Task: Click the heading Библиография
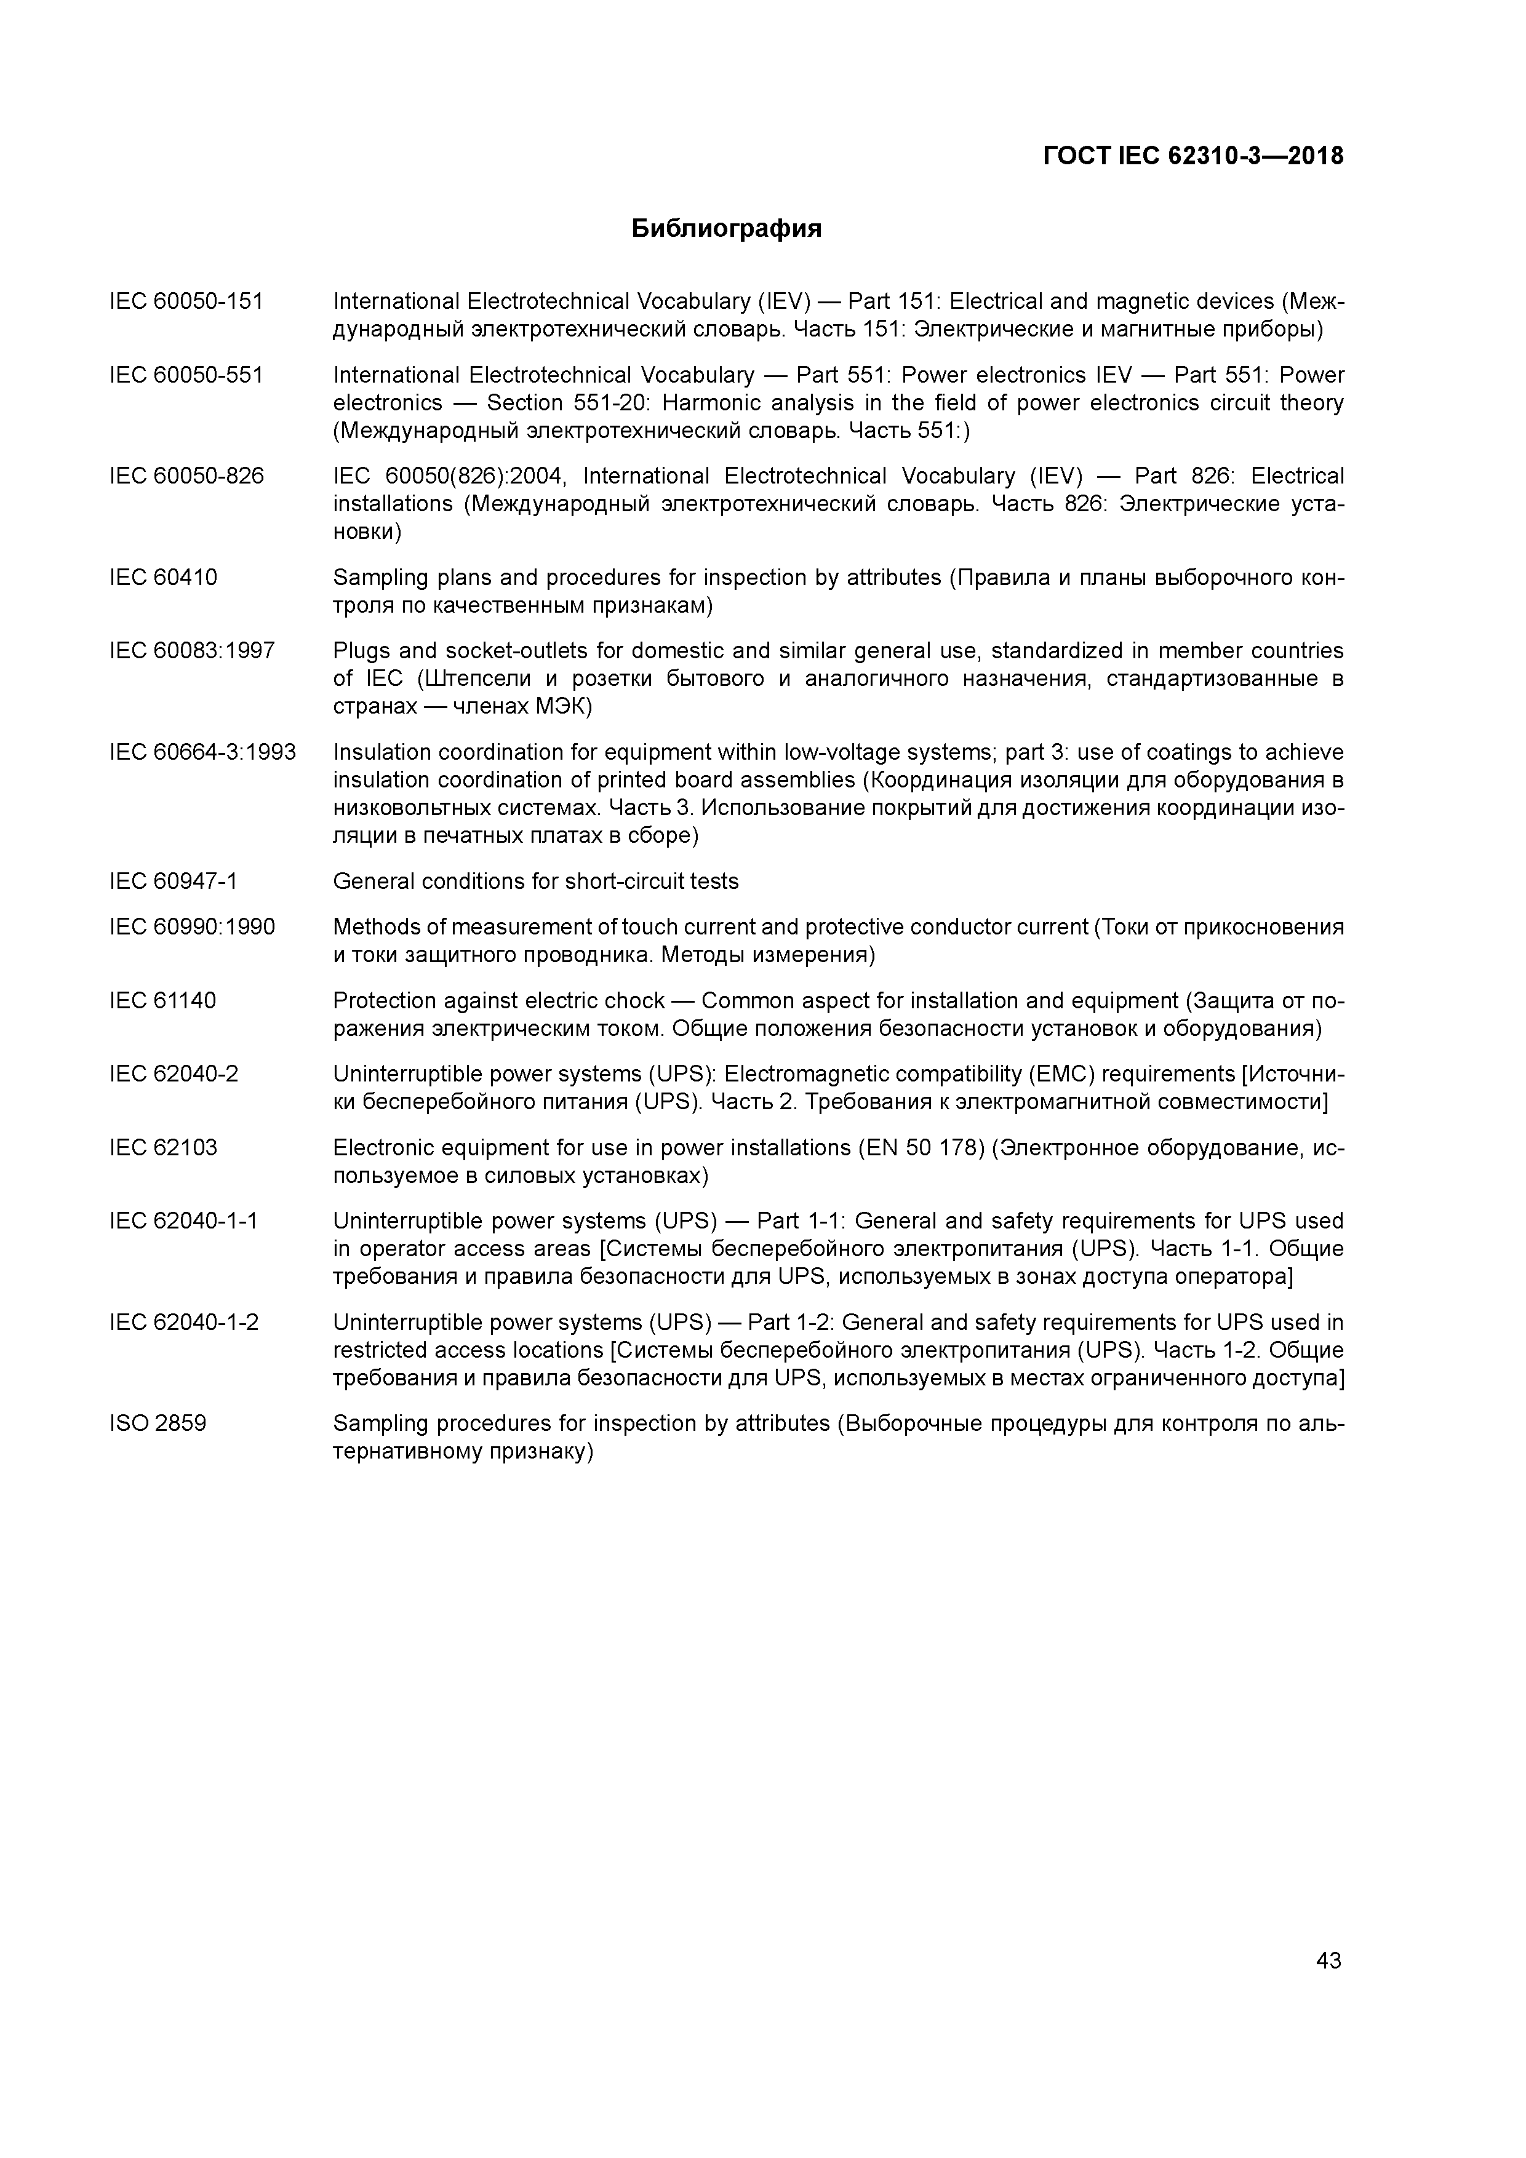726,228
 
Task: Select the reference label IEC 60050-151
186,301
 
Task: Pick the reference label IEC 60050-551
186,375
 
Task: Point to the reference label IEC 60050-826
186,477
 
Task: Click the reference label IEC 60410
162,577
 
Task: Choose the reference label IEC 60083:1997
192,650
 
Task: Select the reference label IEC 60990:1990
192,928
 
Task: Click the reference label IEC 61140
162,1001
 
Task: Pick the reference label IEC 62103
162,1148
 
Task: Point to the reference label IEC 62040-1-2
183,1323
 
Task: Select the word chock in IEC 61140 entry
634,1001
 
